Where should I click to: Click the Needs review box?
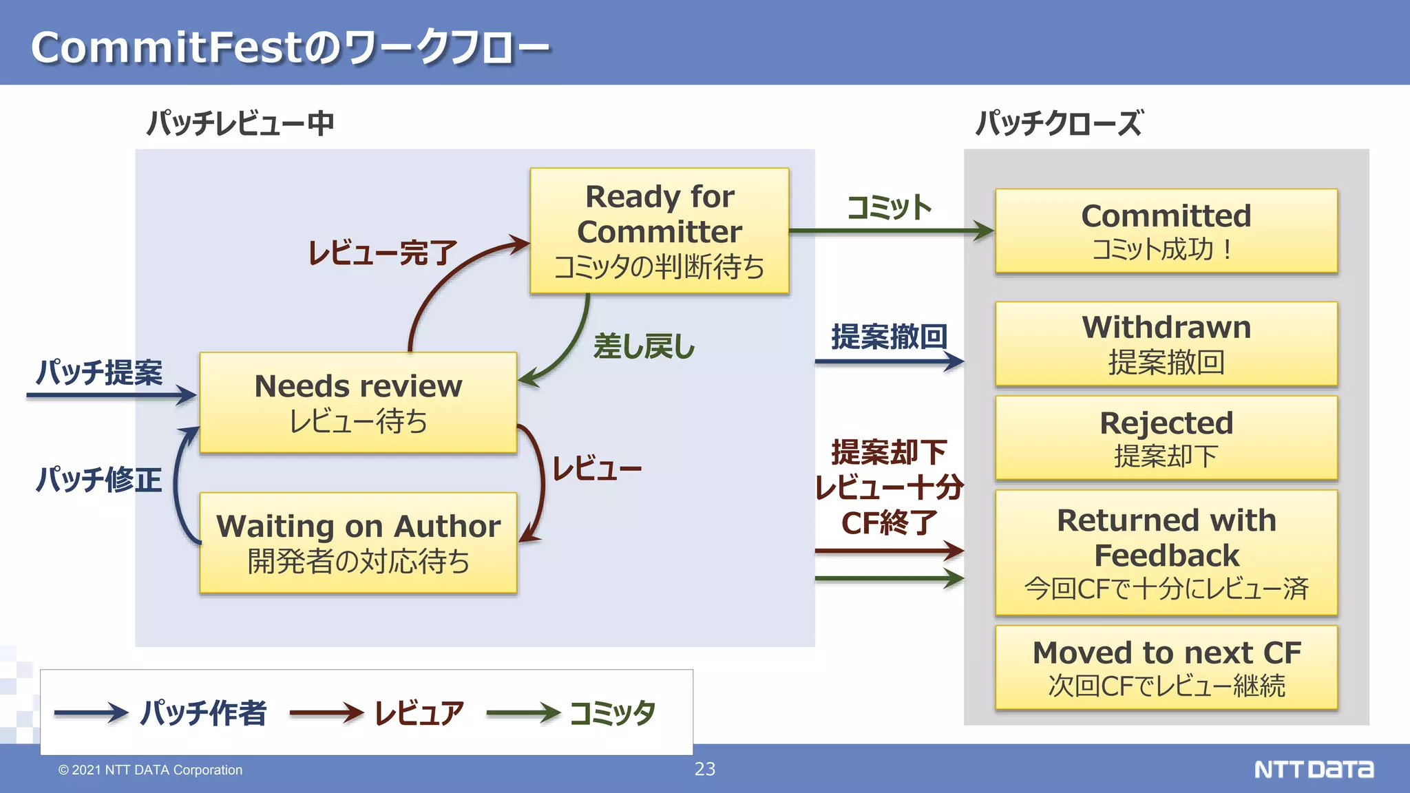tap(358, 403)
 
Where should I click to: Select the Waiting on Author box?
tap(358, 542)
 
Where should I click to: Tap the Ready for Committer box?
tap(660, 231)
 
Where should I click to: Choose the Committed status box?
tap(1166, 231)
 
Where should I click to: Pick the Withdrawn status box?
tap(1166, 344)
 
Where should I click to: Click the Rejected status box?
tap(1166, 438)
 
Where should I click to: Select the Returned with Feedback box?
tap(1166, 553)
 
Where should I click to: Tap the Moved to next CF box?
tap(1166, 668)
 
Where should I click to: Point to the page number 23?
tap(705, 769)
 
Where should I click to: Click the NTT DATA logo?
tap(1314, 769)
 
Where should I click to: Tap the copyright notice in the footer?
tap(150, 770)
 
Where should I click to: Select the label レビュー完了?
tap(383, 253)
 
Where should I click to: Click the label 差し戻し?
tap(644, 346)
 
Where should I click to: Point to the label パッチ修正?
tap(99, 479)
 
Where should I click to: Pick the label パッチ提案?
tap(99, 372)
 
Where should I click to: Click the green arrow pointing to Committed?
tap(891, 231)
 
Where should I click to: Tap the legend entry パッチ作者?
tap(203, 712)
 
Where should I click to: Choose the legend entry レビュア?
tap(419, 712)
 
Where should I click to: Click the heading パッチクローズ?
tap(1059, 123)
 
